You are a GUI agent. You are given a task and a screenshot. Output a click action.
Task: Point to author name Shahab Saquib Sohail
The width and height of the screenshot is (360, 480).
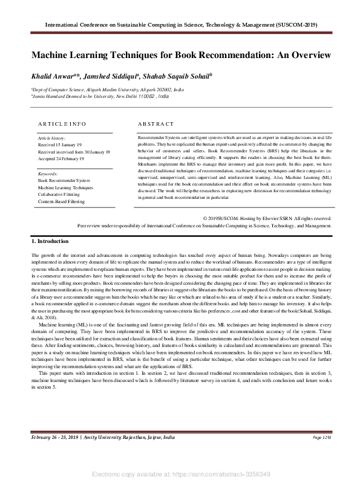[x=179, y=77]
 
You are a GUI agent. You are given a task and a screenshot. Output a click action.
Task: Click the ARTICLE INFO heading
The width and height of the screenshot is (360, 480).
[x=62, y=123]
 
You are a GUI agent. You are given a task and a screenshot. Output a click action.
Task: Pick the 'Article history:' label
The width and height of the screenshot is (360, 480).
[x=51, y=139]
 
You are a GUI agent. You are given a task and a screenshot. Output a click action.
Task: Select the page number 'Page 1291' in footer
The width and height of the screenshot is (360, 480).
[x=322, y=436]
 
